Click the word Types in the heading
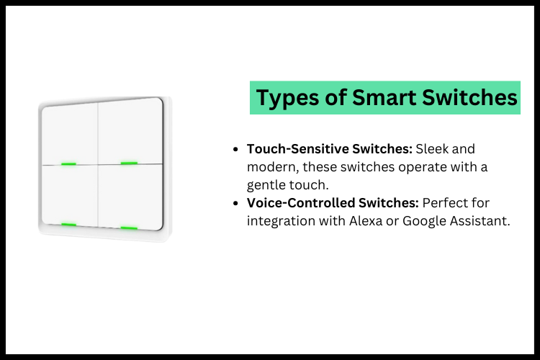coord(285,97)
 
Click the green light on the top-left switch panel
coord(68,163)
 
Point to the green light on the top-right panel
coord(129,163)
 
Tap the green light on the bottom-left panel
coord(68,225)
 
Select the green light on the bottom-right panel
coord(129,228)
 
